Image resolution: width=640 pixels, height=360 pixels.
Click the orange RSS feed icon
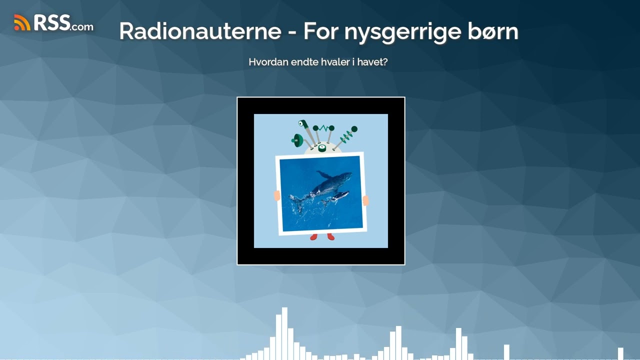[22, 22]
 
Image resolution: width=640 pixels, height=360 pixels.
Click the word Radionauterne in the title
[200, 31]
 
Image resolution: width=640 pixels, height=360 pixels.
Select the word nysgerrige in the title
[401, 31]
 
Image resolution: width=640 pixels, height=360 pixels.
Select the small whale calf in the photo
[338, 196]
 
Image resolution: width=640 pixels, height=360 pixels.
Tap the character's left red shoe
[313, 236]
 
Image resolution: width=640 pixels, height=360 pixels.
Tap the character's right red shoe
[330, 236]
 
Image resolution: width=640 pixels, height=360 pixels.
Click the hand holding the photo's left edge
[277, 195]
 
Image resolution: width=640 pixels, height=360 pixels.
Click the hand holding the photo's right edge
[365, 200]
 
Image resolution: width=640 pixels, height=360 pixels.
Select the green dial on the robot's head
[322, 147]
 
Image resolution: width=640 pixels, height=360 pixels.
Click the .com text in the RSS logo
[81, 26]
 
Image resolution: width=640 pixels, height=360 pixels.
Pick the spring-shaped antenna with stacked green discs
[348, 134]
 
